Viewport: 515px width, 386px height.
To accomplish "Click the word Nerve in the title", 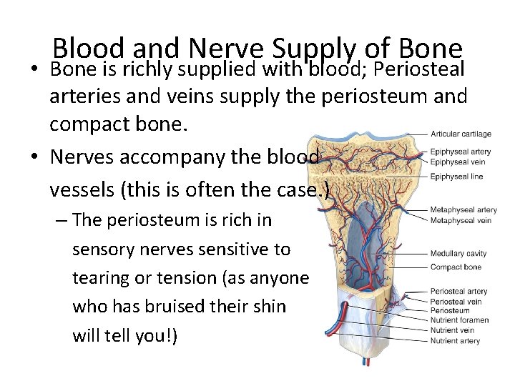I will click(x=227, y=48).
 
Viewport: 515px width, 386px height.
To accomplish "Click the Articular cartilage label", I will click(x=461, y=134).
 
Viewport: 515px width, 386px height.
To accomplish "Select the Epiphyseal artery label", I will click(x=460, y=152).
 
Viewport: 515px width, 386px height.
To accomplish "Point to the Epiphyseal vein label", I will click(x=457, y=161).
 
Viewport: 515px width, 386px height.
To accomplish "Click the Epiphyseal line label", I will click(x=456, y=176).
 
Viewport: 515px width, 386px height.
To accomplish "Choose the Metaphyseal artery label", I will click(x=463, y=210).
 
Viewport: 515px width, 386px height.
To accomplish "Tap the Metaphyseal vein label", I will click(x=461, y=220).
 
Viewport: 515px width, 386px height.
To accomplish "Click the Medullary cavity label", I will click(x=458, y=254).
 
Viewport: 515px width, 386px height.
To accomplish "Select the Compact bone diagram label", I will click(x=456, y=267).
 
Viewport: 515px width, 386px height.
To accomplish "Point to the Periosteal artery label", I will click(x=458, y=292).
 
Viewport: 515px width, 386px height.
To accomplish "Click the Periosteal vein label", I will click(x=456, y=302).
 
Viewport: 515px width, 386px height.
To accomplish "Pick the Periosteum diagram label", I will click(x=450, y=311).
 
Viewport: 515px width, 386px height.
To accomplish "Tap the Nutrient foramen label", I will click(x=459, y=321).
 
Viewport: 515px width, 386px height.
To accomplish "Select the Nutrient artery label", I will click(x=455, y=341).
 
